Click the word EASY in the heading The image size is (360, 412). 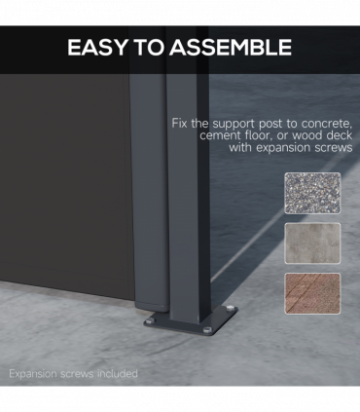point(97,48)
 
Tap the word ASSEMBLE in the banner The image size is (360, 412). point(231,48)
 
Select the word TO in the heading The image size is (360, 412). point(148,48)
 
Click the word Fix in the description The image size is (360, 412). point(179,123)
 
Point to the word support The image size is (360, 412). point(234,125)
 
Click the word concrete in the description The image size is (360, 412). point(326,124)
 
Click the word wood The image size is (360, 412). point(307,135)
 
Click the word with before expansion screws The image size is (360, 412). point(240,147)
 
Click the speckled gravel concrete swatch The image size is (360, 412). point(312,193)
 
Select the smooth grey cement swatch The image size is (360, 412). point(312,243)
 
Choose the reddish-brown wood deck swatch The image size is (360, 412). point(312,293)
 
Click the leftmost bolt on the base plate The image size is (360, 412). point(150,321)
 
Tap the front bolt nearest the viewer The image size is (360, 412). point(207,330)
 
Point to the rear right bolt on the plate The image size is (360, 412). point(230,308)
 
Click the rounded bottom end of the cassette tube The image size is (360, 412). point(152,305)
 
